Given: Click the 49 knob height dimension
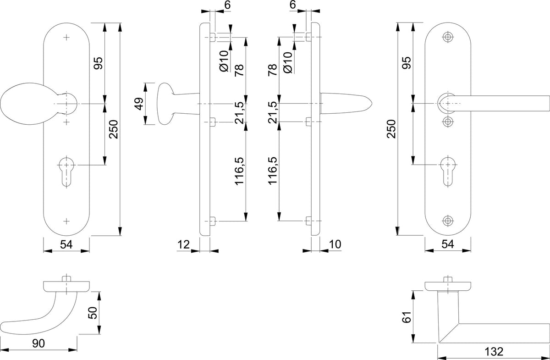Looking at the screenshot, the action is pos(139,104).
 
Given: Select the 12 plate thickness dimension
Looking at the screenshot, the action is pos(184,244).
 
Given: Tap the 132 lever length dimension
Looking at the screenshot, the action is pos(494,352).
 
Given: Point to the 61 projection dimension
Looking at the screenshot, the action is pos(407,317).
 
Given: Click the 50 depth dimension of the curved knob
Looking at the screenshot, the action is pos(93,313).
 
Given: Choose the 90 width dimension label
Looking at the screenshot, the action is pos(38,343).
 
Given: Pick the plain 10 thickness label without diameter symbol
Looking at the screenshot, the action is pos(335,244).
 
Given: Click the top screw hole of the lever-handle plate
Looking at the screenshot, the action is pos(448,37).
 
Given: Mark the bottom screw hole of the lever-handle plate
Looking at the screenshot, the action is pos(448,221).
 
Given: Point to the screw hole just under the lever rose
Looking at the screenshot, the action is pos(448,122).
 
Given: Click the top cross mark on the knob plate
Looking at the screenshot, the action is pos(66,37).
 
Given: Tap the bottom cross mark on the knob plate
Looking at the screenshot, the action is pos(66,221).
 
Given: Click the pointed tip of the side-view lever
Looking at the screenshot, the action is pos(372,104).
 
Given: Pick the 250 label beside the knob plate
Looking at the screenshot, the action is pos(114,129).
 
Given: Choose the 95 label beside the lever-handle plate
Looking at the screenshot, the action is pos(407,63).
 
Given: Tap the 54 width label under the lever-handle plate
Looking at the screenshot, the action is pos(448,244).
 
